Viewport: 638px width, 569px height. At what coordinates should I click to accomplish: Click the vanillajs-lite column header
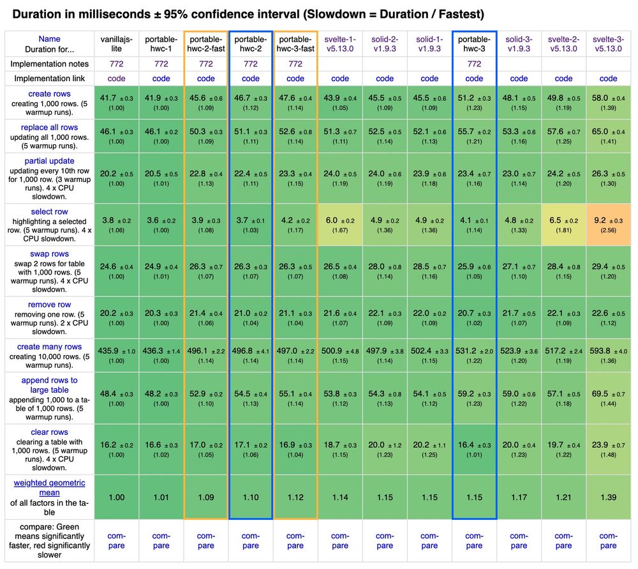tap(116, 43)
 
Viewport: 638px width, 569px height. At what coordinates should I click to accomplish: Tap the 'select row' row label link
tap(48, 211)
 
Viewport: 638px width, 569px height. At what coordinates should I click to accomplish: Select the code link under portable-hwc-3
tap(474, 79)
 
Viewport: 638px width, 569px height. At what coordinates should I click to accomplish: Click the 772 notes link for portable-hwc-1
tap(161, 64)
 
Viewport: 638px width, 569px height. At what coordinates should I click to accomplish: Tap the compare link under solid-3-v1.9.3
tap(519, 541)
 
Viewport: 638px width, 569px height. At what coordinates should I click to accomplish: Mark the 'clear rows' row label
tap(48, 432)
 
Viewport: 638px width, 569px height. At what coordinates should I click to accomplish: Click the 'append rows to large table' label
tap(48, 385)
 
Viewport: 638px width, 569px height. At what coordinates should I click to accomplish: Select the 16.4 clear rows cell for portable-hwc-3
tap(474, 448)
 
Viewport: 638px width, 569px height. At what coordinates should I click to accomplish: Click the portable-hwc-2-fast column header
tap(205, 43)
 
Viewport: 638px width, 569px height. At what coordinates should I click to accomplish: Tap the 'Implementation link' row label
tap(48, 79)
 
